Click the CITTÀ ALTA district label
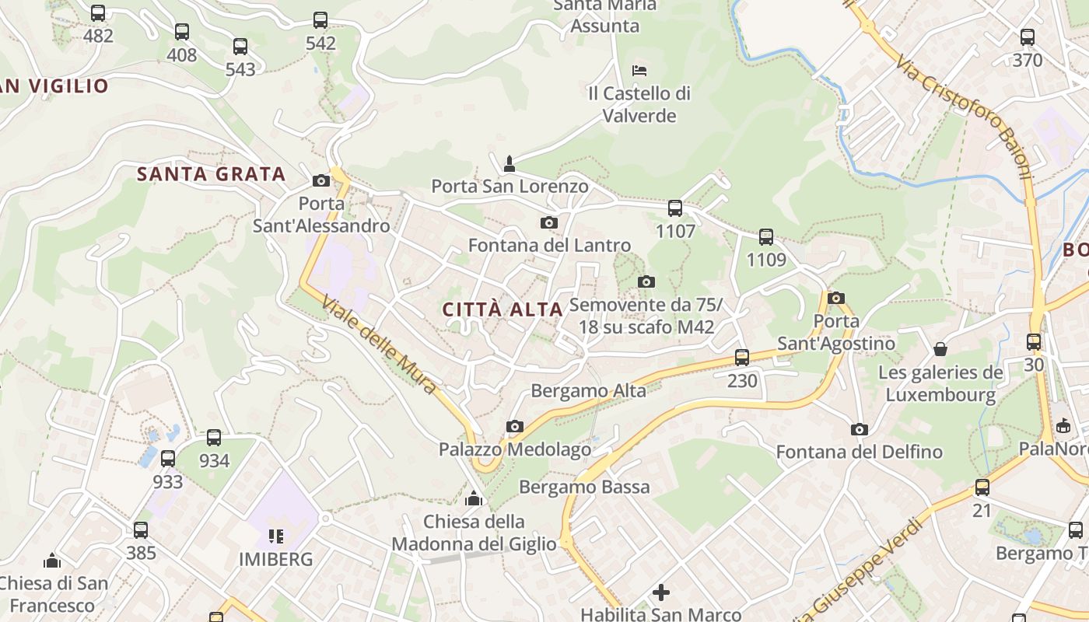[502, 309]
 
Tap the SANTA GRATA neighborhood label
[212, 174]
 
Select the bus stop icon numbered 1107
[675, 208]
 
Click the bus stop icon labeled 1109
[766, 236]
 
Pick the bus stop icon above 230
[742, 358]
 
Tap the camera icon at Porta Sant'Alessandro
[320, 181]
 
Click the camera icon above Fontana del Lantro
[549, 223]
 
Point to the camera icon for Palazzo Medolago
[514, 426]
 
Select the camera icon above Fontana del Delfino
[859, 429]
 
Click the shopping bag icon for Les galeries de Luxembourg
[940, 349]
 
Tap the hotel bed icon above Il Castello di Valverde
[639, 70]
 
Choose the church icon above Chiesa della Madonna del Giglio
[474, 498]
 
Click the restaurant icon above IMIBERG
[275, 536]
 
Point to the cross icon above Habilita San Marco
[661, 592]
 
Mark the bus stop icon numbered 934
[214, 438]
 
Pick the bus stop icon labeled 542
[320, 20]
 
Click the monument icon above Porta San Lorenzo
[509, 163]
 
